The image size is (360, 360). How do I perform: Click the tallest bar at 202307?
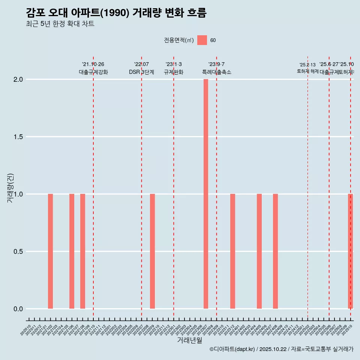click(206, 194)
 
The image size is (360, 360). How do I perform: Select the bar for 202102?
click(50, 251)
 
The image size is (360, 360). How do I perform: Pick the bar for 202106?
click(72, 251)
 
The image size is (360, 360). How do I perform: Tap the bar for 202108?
click(82, 251)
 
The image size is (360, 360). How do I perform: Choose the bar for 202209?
click(152, 251)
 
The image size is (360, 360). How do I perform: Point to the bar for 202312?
click(232, 251)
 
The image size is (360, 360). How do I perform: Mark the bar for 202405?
click(259, 251)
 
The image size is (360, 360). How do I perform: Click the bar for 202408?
click(275, 251)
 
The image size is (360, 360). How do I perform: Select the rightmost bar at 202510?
click(350, 251)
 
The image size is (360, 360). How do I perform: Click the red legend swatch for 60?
click(202, 40)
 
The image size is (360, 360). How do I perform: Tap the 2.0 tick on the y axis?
click(19, 79)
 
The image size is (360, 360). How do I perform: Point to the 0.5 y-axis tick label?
click(19, 252)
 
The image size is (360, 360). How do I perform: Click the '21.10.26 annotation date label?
click(93, 64)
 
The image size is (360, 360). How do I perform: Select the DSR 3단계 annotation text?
click(141, 72)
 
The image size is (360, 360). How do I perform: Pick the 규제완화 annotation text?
click(173, 72)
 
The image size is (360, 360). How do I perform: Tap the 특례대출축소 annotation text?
click(216, 72)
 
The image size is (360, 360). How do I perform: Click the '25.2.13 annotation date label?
click(307, 65)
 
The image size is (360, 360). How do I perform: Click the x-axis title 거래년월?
click(190, 340)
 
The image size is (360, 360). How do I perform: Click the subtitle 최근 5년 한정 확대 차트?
click(60, 24)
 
